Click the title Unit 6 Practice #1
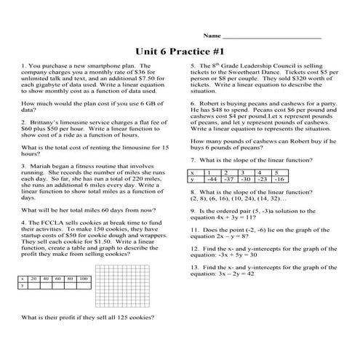[x=180, y=52]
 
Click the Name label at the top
[x=212, y=36]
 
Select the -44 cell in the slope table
[x=212, y=178]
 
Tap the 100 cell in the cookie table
[x=84, y=279]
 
